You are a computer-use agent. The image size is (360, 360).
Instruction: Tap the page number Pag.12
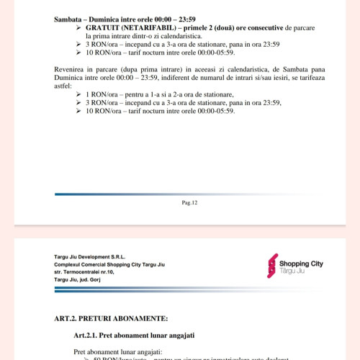(190, 204)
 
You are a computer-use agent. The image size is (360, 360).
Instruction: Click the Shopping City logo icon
(272, 265)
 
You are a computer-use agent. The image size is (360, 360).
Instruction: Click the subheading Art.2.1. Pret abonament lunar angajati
(134, 335)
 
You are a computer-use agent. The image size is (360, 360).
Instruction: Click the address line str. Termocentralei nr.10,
(84, 273)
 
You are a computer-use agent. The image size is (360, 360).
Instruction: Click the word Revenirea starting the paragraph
(72, 67)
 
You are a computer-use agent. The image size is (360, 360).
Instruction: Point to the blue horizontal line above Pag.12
(180, 194)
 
